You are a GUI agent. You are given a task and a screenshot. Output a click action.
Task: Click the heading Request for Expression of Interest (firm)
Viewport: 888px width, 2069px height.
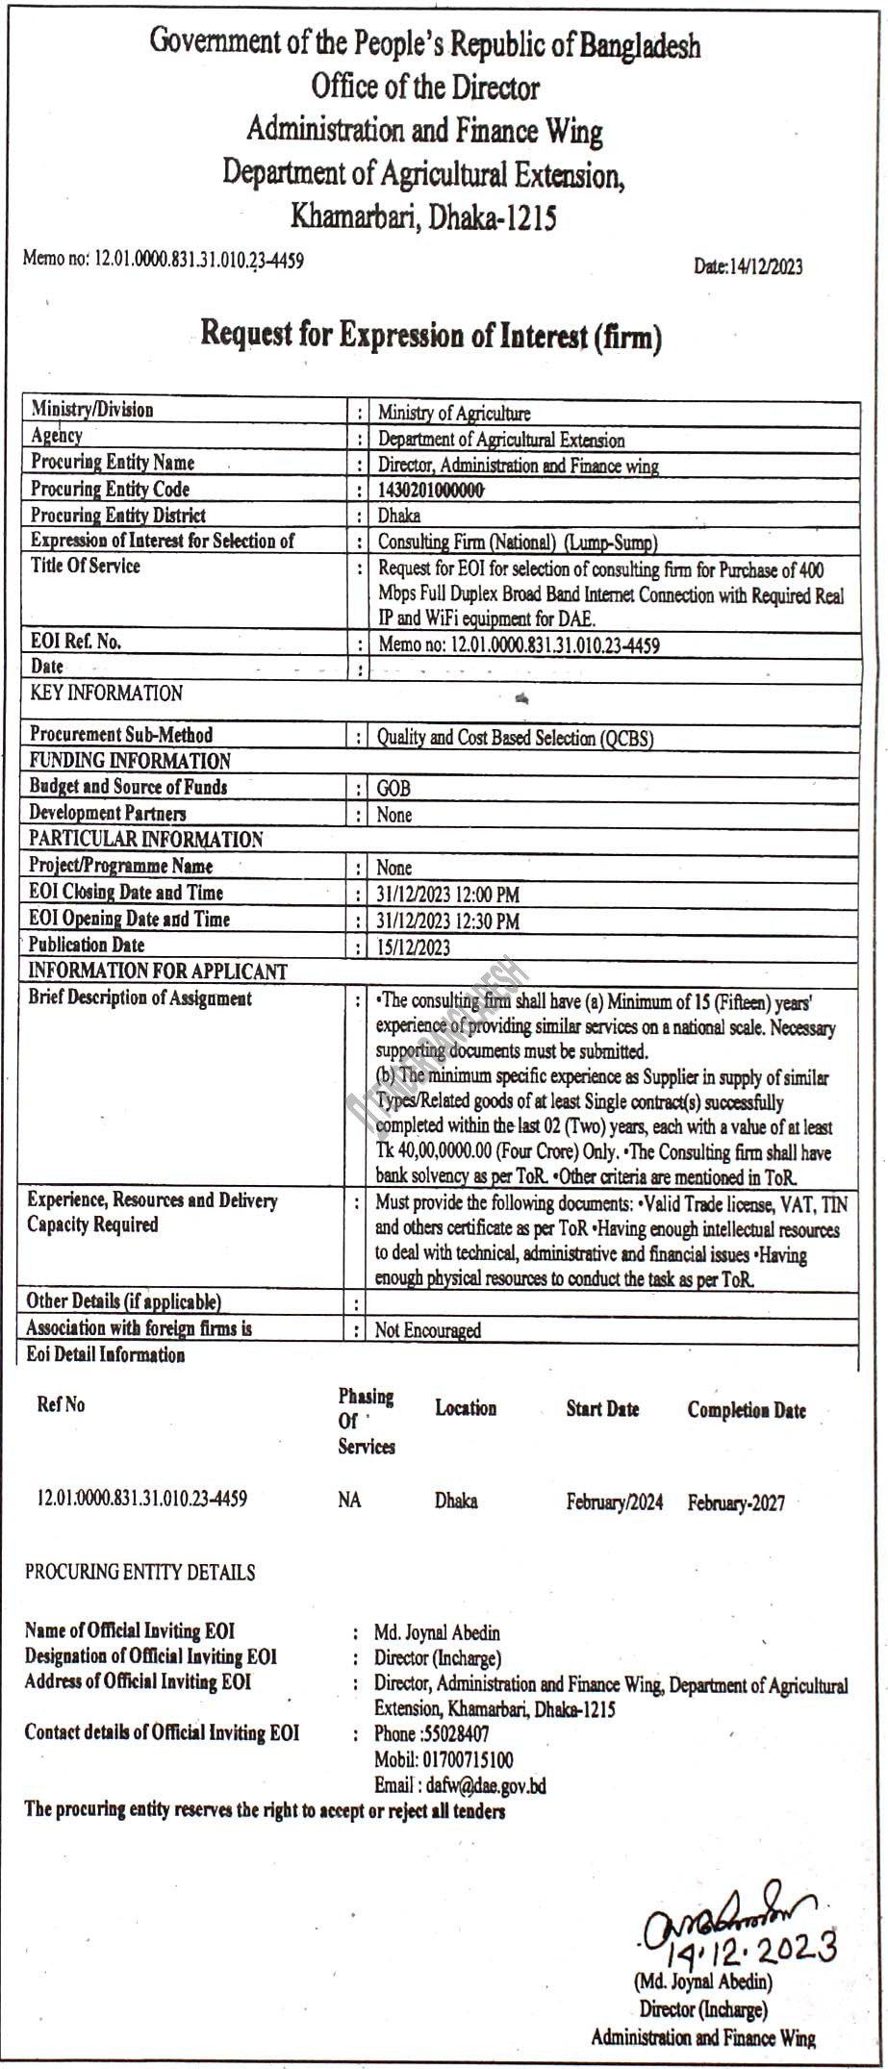(x=431, y=336)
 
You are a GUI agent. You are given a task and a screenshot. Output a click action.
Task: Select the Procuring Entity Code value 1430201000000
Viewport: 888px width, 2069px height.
(x=430, y=490)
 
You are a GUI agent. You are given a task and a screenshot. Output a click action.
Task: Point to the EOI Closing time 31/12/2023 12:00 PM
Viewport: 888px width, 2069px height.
(x=447, y=895)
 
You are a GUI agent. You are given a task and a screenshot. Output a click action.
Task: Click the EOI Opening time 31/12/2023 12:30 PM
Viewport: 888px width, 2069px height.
(x=447, y=921)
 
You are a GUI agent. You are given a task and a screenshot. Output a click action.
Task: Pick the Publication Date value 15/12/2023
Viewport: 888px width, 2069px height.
(x=414, y=947)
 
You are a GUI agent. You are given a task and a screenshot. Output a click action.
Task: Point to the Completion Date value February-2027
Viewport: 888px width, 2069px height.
(x=736, y=1503)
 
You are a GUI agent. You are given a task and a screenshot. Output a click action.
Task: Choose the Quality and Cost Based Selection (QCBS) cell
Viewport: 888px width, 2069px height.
(x=515, y=738)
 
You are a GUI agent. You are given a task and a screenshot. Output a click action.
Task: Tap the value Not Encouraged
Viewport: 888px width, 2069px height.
(x=428, y=1330)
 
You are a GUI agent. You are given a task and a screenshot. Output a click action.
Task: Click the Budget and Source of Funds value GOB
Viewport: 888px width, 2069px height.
(x=393, y=789)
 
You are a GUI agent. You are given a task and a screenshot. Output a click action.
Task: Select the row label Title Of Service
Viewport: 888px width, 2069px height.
(x=86, y=566)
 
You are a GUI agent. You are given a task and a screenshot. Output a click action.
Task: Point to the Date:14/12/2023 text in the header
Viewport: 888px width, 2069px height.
(x=748, y=266)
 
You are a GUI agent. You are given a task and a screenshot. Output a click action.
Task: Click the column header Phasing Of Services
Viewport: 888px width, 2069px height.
(x=366, y=1420)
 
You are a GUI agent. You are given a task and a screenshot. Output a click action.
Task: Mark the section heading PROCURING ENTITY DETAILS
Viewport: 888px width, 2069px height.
(x=140, y=1573)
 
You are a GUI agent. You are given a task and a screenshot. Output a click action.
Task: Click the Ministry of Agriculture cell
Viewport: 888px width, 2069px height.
(x=453, y=414)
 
